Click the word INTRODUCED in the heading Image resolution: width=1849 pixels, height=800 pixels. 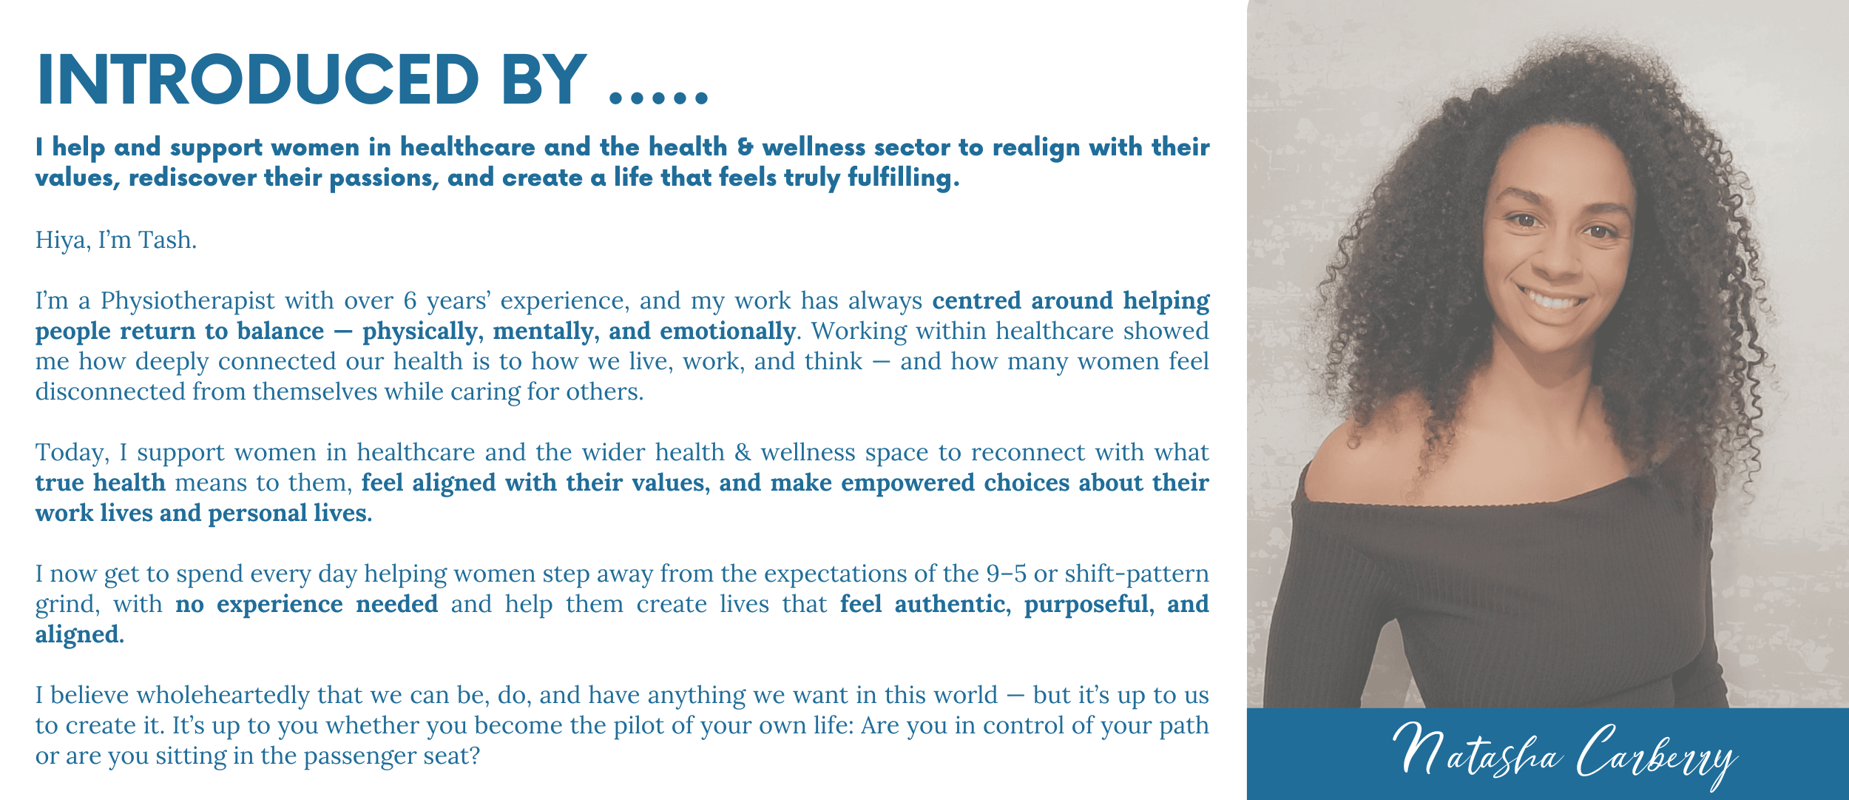point(258,79)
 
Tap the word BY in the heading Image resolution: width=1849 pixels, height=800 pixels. point(544,79)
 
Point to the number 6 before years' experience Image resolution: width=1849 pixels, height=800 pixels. point(410,300)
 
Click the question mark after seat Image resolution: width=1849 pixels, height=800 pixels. point(475,756)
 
